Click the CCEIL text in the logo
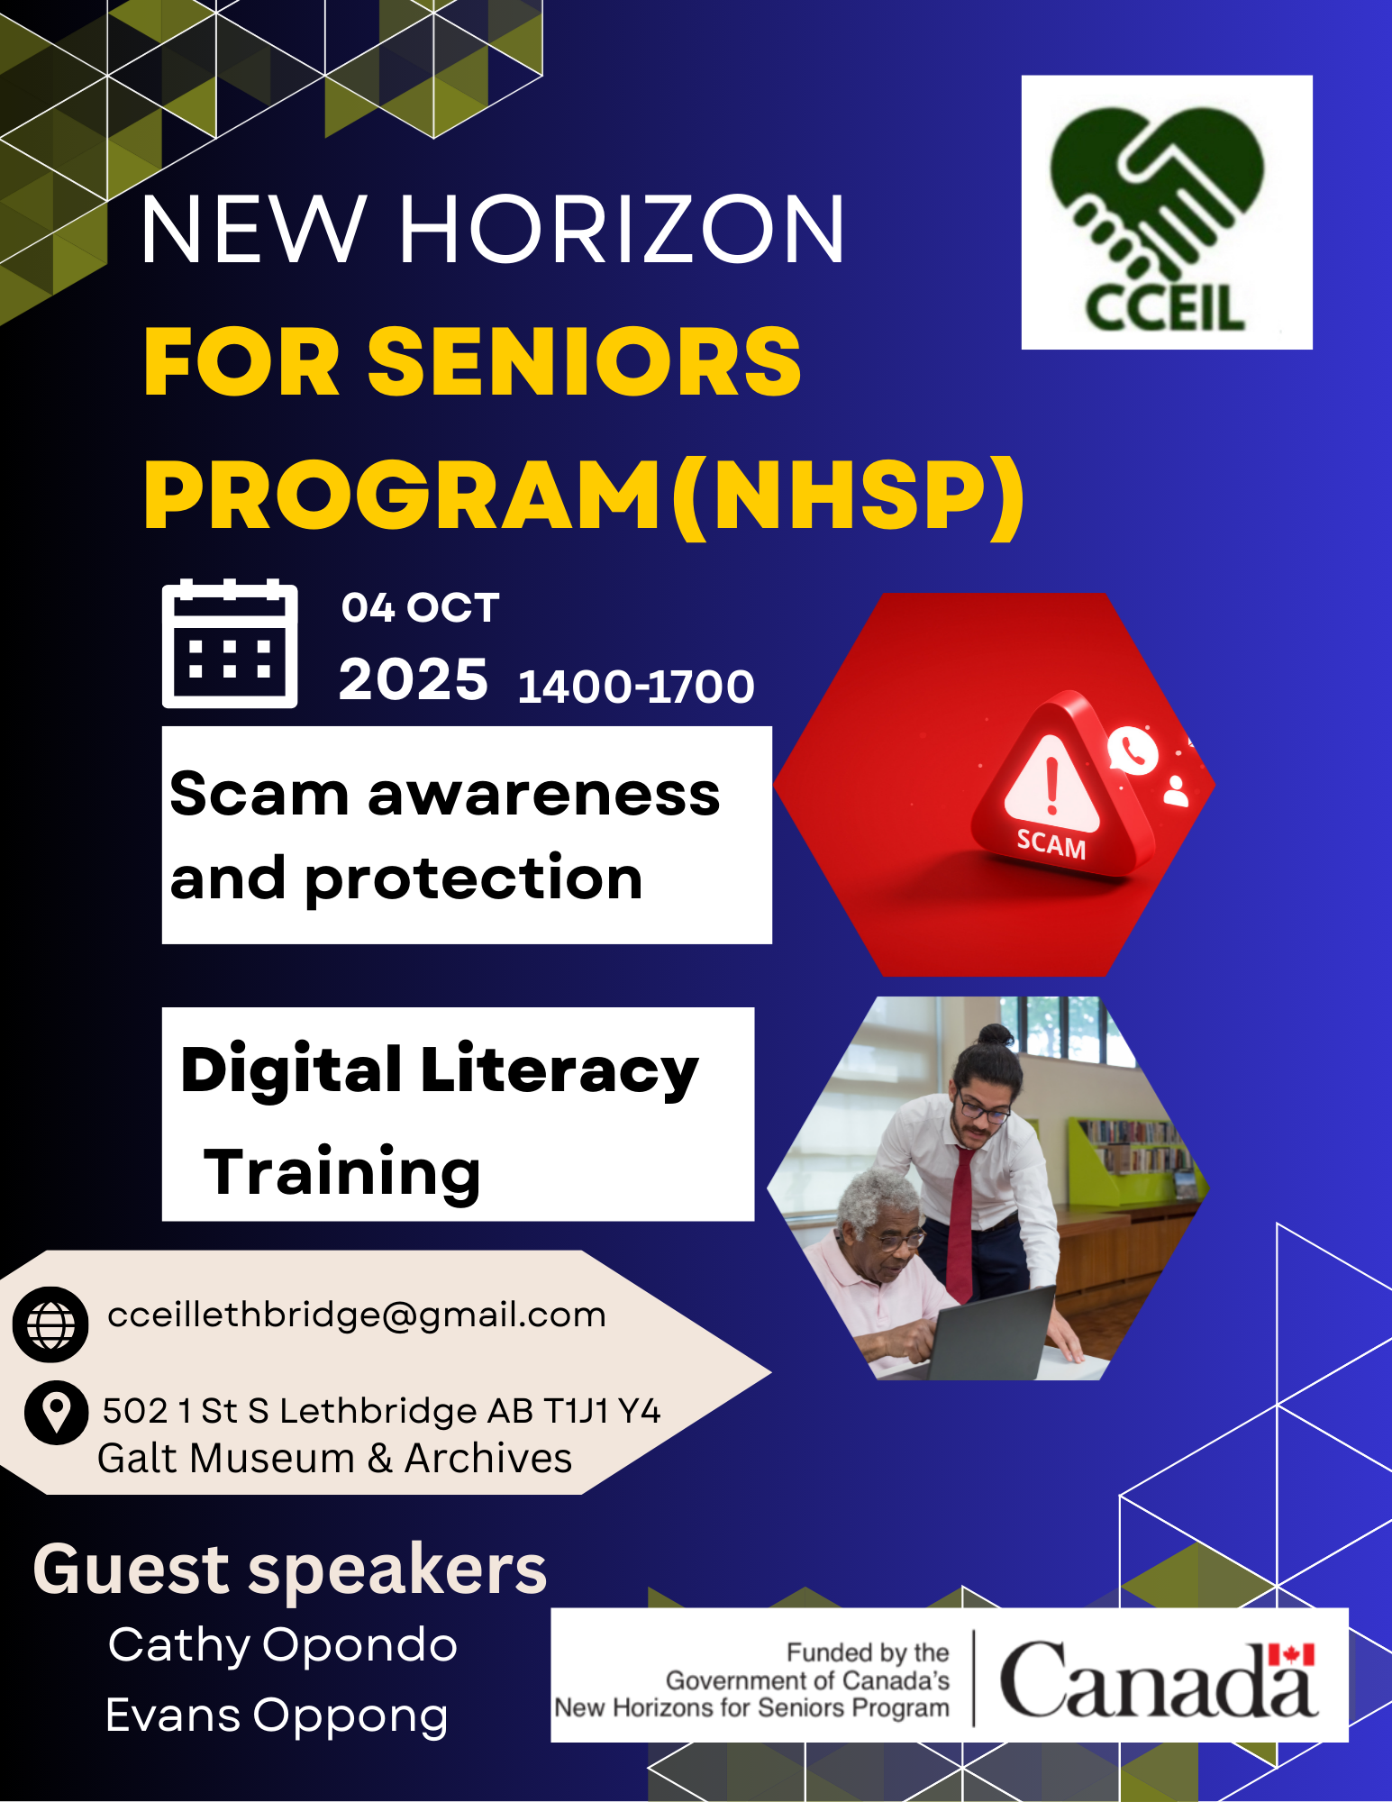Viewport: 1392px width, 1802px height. tap(1165, 307)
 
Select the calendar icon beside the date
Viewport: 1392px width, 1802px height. tap(230, 643)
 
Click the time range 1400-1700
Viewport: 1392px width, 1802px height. tap(636, 687)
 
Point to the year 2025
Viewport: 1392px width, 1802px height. tap(414, 678)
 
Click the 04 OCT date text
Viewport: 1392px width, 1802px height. tap(420, 607)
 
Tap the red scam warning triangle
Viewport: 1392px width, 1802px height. tap(1062, 784)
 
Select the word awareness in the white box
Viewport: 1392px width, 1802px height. tap(543, 796)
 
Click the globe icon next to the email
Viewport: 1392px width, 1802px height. tap(50, 1324)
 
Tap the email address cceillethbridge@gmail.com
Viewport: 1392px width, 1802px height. tap(357, 1315)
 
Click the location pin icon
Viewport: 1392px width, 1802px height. tap(56, 1413)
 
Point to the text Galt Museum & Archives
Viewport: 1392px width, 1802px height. tap(334, 1459)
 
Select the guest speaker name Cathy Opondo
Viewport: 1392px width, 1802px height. tap(283, 1646)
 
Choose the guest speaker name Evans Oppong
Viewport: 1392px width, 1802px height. tap(277, 1716)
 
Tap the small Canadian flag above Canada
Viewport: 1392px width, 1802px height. tap(1291, 1655)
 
